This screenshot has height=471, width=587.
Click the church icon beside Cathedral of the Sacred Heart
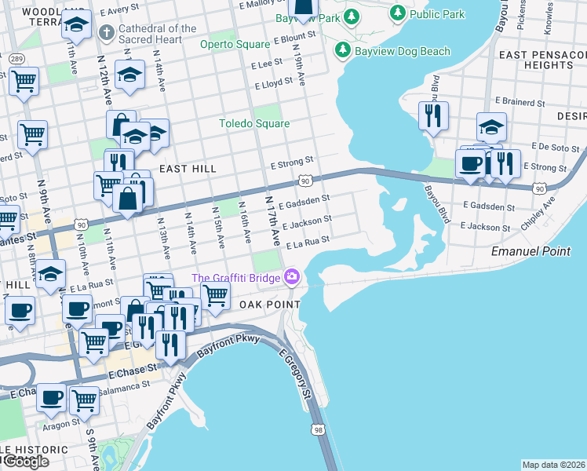pyautogui.click(x=108, y=33)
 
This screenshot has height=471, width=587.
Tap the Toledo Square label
pyautogui.click(x=254, y=123)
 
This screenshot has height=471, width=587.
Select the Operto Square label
pyautogui.click(x=235, y=44)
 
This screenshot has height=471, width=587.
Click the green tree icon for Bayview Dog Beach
pyautogui.click(x=342, y=51)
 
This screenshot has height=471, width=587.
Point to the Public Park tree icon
pyautogui.click(x=398, y=13)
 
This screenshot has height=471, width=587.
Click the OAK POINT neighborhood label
pyautogui.click(x=269, y=305)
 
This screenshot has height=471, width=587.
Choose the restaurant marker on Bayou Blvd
pyautogui.click(x=433, y=115)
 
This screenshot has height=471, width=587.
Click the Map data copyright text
pyautogui.click(x=553, y=465)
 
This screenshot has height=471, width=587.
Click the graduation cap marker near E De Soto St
pyautogui.click(x=491, y=127)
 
